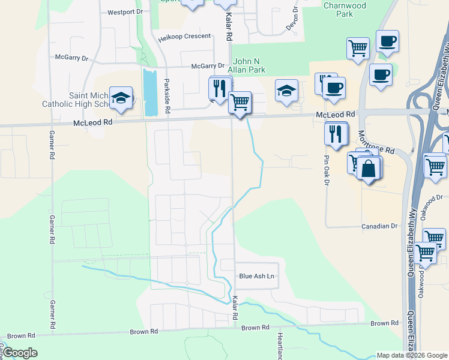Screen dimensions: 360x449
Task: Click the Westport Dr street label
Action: click(125, 12)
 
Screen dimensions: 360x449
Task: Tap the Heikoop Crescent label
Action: click(184, 37)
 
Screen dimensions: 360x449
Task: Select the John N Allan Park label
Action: click(258, 66)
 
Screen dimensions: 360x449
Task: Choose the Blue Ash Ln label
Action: click(256, 276)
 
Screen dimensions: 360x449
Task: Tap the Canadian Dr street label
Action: click(379, 226)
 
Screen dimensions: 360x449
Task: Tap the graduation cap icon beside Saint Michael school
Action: click(121, 98)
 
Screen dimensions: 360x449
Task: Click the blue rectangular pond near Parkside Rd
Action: click(150, 92)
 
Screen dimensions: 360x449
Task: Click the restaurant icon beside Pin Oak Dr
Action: click(335, 133)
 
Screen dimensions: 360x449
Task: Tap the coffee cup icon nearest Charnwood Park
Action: click(387, 41)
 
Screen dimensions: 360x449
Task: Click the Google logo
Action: click(20, 353)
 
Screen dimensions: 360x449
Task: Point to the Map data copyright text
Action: click(411, 355)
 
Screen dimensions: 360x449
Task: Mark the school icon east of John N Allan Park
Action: click(286, 91)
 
